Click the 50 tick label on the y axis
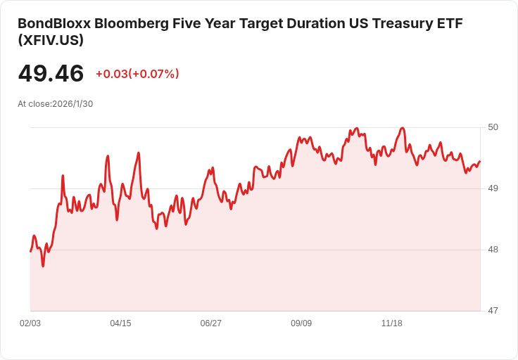tap(493, 127)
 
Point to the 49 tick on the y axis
tap(493, 188)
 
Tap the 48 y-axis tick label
tap(493, 250)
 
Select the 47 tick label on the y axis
tap(493, 311)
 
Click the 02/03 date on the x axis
tap(30, 323)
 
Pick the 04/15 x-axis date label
tap(120, 323)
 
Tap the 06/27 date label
tap(210, 323)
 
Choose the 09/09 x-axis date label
tap(301, 323)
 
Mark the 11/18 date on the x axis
tap(392, 323)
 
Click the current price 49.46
tap(51, 73)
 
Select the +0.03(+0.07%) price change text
tap(137, 74)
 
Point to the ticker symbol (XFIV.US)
tap(51, 40)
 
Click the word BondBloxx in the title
tap(54, 23)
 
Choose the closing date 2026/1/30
tap(72, 104)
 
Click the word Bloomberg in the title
tap(132, 24)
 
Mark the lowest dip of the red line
tap(43, 266)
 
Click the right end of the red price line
tap(480, 161)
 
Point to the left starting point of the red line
tap(30, 252)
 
